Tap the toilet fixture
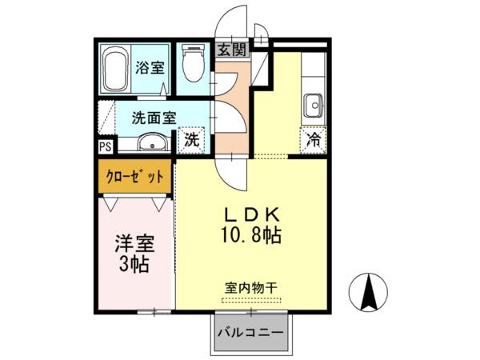[193, 62]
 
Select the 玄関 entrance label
[233, 50]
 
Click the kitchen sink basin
[314, 106]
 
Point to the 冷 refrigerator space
[314, 140]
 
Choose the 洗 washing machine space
[192, 140]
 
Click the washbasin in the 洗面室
[152, 142]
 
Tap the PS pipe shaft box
[105, 146]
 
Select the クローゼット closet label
[134, 177]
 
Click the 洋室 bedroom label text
[134, 243]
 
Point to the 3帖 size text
[134, 265]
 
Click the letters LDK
[252, 214]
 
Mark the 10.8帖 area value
[250, 235]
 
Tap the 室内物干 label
[251, 288]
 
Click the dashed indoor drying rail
[251, 300]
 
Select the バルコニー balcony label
[250, 333]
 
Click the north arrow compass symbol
[368, 291]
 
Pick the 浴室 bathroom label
[150, 68]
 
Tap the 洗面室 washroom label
[154, 118]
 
